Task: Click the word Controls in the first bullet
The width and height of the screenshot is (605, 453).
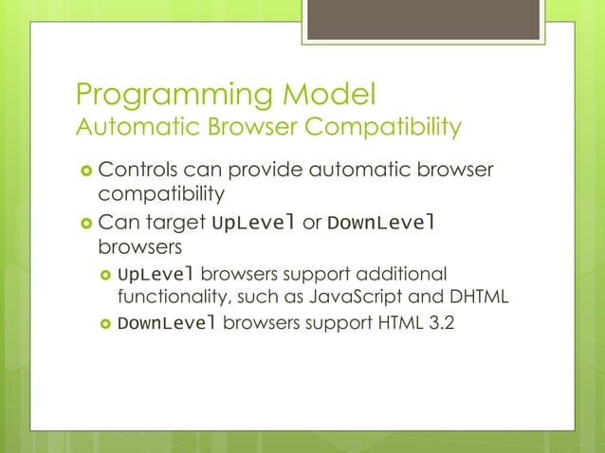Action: pyautogui.click(x=138, y=172)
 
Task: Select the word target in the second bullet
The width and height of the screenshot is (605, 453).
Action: pyautogui.click(x=175, y=225)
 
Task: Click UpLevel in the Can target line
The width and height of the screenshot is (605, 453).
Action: pyautogui.click(x=253, y=225)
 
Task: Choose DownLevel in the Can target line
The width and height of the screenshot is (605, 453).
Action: pyautogui.click(x=380, y=225)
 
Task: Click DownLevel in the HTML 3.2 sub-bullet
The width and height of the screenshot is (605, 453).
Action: pyautogui.click(x=167, y=323)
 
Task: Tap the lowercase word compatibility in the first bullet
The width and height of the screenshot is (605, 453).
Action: pyautogui.click(x=162, y=196)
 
